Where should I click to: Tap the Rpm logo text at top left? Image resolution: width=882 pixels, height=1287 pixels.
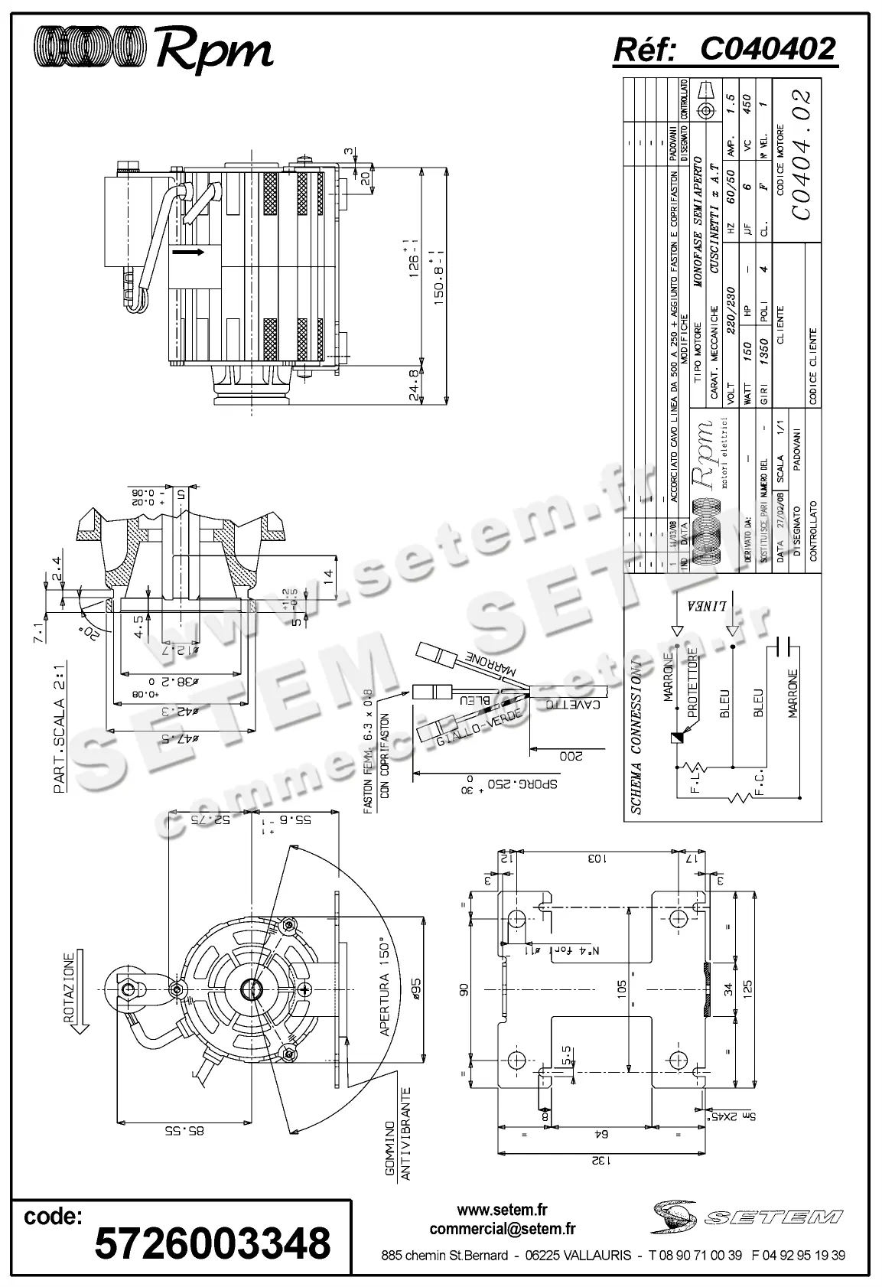click(x=214, y=51)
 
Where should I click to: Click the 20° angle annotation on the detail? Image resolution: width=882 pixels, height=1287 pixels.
click(x=86, y=629)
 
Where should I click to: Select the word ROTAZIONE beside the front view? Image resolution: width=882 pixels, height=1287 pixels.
click(x=70, y=987)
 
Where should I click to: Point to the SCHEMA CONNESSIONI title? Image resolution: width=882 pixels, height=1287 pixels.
click(x=635, y=741)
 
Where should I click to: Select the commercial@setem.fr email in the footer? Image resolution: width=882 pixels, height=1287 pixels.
click(x=503, y=1230)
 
